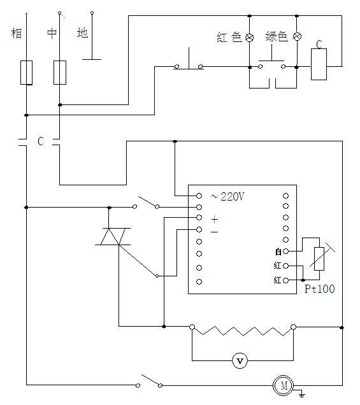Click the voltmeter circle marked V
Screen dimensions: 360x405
[x=240, y=361]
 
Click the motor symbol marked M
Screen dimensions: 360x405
[x=284, y=386]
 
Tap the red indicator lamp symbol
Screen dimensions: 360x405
[x=249, y=38]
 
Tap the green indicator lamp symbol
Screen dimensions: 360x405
[x=297, y=36]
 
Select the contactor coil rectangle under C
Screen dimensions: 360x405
[x=319, y=64]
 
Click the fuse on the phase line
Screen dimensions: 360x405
[x=26, y=73]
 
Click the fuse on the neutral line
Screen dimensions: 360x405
[x=60, y=73]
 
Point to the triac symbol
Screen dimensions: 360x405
[x=113, y=236]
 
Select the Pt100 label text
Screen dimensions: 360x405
[x=320, y=288]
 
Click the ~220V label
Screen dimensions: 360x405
[x=227, y=197]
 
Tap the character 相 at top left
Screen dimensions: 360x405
[x=17, y=33]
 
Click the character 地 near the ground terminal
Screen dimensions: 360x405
[x=82, y=33]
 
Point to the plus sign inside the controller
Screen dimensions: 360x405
[x=215, y=220]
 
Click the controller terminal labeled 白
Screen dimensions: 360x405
[x=285, y=251]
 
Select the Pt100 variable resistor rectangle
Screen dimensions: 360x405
[x=319, y=259]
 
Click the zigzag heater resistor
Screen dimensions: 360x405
[x=242, y=330]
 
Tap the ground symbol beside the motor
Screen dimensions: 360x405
[x=301, y=394]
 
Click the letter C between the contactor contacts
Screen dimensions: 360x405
[x=41, y=141]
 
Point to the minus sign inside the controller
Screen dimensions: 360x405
[x=214, y=232]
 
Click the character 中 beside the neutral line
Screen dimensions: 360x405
[x=52, y=33]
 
